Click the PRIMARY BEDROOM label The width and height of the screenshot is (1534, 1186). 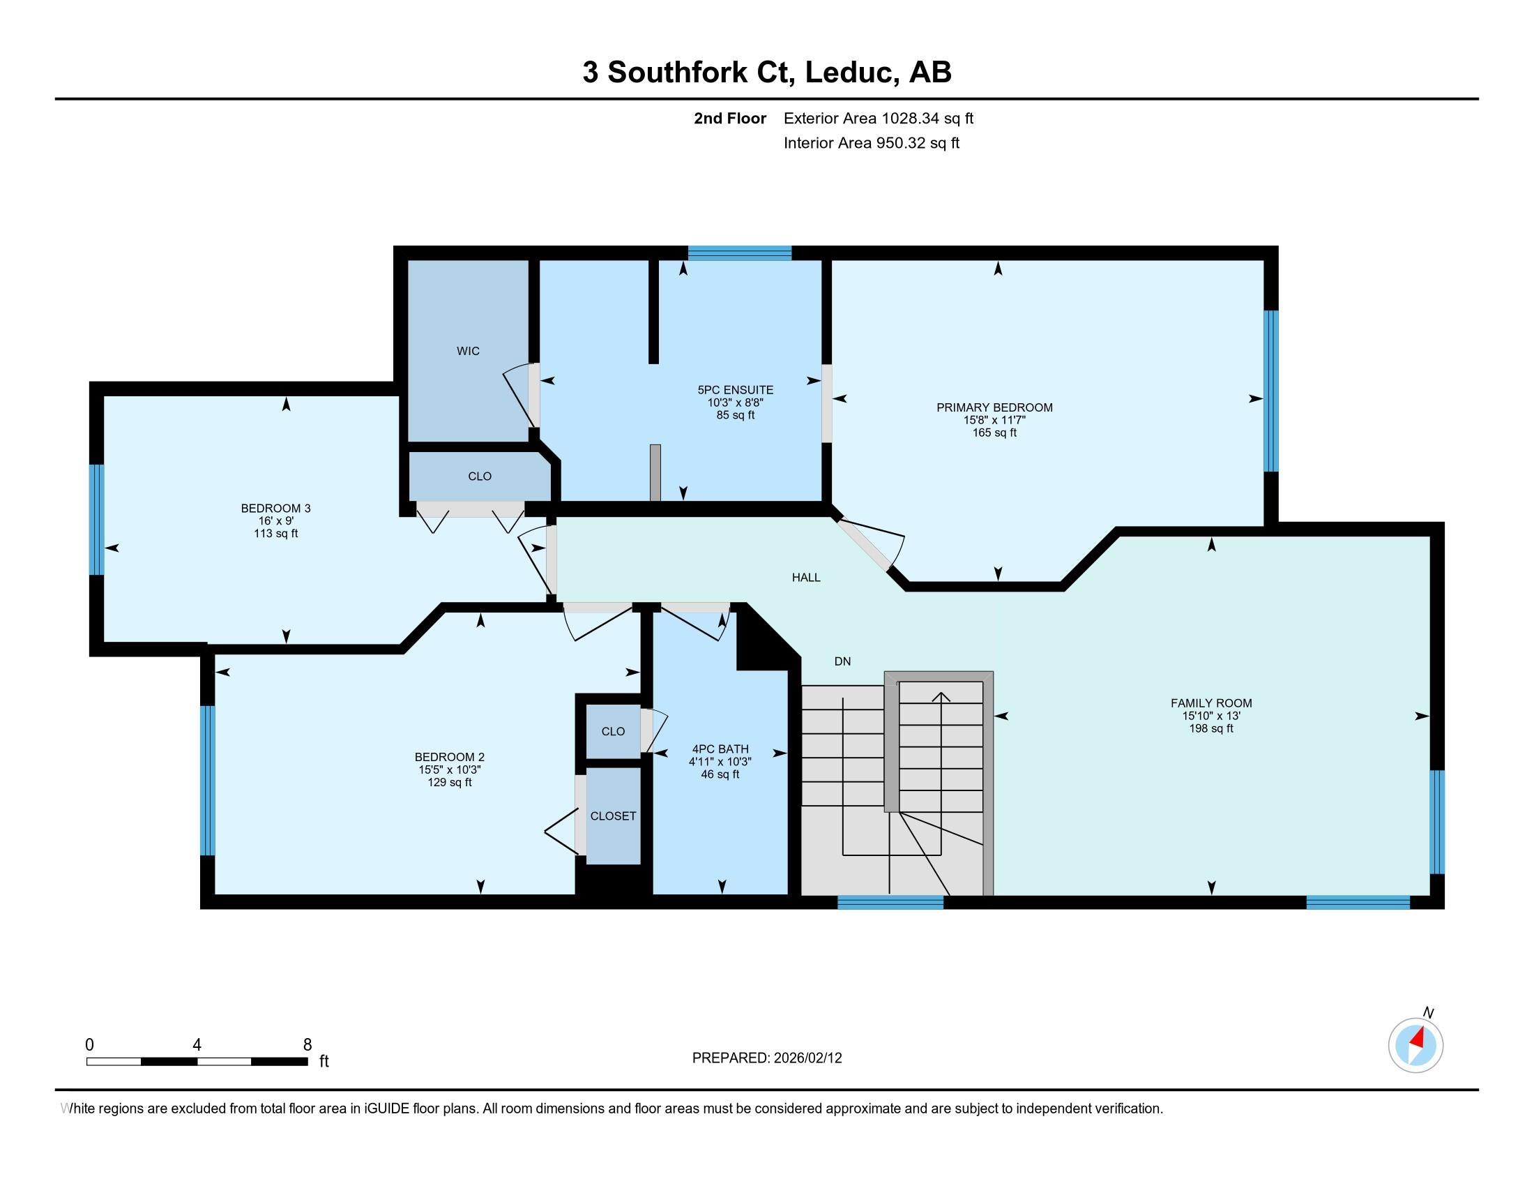pyautogui.click(x=994, y=407)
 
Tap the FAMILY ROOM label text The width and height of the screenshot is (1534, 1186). pyautogui.click(x=1211, y=703)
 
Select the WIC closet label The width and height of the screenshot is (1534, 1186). pyautogui.click(x=468, y=351)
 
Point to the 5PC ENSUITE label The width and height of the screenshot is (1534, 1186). pyautogui.click(x=735, y=390)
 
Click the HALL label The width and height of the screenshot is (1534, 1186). pyautogui.click(x=805, y=578)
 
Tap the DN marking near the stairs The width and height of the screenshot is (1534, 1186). pyautogui.click(x=842, y=661)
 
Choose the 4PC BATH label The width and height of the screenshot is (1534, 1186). pyautogui.click(x=720, y=749)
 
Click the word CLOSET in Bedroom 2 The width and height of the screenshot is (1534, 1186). pyautogui.click(x=612, y=816)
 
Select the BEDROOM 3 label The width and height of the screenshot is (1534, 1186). pyautogui.click(x=275, y=508)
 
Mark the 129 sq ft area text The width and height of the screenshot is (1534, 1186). pyautogui.click(x=450, y=782)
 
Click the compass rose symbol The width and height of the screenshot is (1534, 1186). pyautogui.click(x=1415, y=1046)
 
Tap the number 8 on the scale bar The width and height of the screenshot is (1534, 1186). pyautogui.click(x=307, y=1045)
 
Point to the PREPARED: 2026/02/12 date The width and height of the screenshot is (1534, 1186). pyautogui.click(x=766, y=1058)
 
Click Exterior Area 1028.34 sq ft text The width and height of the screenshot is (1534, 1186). pyautogui.click(x=878, y=118)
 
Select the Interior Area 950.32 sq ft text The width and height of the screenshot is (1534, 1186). pyautogui.click(x=871, y=143)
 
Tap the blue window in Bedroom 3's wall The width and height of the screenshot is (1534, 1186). pyautogui.click(x=97, y=519)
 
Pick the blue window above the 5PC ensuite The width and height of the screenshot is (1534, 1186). pyautogui.click(x=740, y=253)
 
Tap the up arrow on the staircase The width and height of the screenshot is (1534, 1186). pyautogui.click(x=941, y=697)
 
